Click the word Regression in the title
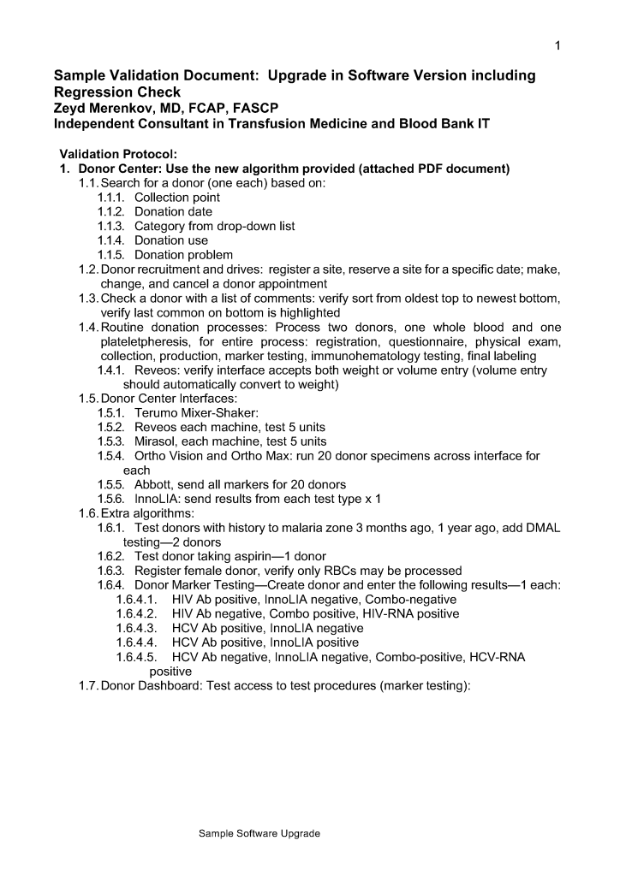click(93, 92)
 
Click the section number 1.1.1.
click(111, 198)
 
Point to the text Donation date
click(173, 212)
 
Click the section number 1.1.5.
click(111, 255)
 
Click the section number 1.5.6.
click(111, 499)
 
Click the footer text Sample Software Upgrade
click(259, 833)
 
